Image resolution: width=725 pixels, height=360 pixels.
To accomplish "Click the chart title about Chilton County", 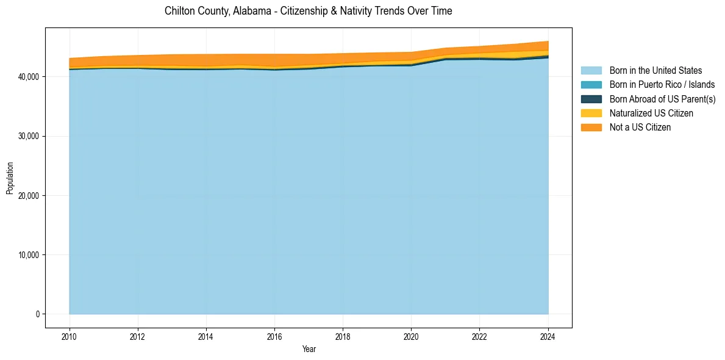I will tap(308, 11).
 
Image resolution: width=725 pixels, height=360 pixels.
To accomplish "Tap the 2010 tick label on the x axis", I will tap(70, 336).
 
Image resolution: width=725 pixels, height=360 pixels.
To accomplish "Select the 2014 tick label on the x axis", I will tap(206, 336).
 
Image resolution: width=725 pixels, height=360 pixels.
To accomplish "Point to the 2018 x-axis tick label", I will tap(343, 336).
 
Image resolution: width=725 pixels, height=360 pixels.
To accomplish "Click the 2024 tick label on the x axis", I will tap(548, 336).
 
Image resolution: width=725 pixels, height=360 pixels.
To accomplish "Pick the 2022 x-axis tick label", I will tap(479, 336).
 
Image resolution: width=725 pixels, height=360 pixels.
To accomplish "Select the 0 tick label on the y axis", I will tap(38, 314).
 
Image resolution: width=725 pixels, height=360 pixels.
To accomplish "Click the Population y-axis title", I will tap(10, 178).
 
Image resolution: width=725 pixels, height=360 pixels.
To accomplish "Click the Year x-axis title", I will tap(309, 349).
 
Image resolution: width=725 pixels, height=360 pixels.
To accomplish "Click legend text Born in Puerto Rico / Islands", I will tap(662, 85).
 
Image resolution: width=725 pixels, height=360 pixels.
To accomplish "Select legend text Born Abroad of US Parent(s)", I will tap(662, 99).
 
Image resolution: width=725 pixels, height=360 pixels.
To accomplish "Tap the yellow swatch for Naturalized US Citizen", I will tap(591, 113).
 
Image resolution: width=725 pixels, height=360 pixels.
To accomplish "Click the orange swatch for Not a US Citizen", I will tap(591, 127).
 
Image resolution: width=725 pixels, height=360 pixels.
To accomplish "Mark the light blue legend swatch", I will tap(591, 71).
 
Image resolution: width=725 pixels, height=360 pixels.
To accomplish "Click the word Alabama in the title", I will tap(250, 11).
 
